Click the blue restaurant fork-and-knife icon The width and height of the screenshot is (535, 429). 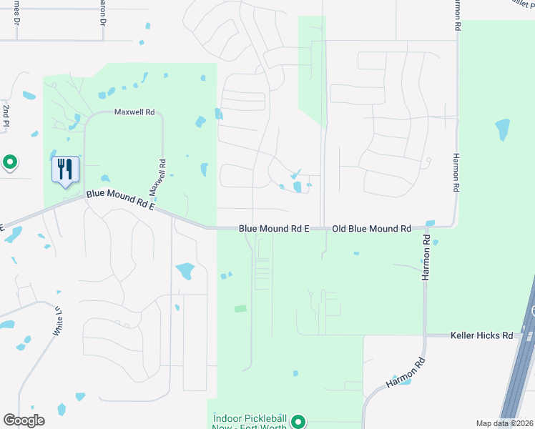pyautogui.click(x=65, y=169)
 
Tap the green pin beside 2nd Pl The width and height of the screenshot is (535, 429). pyautogui.click(x=10, y=163)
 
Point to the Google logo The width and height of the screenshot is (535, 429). pyautogui.click(x=24, y=420)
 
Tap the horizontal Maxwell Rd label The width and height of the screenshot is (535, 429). pyautogui.click(x=134, y=113)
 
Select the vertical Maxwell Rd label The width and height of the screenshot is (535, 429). pyautogui.click(x=158, y=177)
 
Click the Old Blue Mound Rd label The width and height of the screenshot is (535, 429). pyautogui.click(x=371, y=229)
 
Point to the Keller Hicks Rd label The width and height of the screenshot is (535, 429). pyautogui.click(x=482, y=335)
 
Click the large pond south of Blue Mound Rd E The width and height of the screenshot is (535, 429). pyautogui.click(x=185, y=271)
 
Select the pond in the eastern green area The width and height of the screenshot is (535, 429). pyautogui.click(x=502, y=129)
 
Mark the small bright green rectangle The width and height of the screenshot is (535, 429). pyautogui.click(x=240, y=309)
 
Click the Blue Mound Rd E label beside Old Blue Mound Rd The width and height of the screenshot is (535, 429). pyautogui.click(x=273, y=229)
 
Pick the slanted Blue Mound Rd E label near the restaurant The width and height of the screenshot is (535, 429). pyautogui.click(x=120, y=199)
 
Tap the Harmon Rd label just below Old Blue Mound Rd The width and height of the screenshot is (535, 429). pyautogui.click(x=426, y=257)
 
